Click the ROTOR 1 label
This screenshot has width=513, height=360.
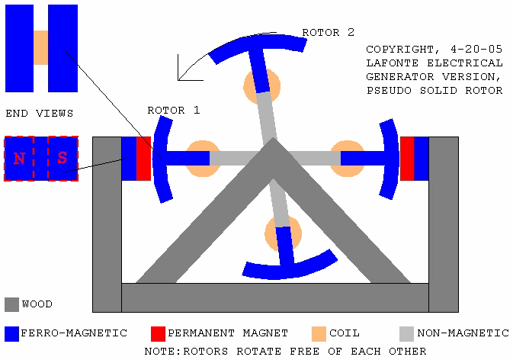tap(173, 111)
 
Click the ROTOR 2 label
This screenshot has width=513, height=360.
tap(328, 32)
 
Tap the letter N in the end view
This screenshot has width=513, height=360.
tap(19, 159)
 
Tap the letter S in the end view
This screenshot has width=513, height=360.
tap(63, 158)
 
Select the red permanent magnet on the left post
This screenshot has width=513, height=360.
tap(143, 159)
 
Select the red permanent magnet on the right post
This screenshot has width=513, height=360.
tap(407, 159)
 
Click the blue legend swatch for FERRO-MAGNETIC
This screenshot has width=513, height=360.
tap(11, 334)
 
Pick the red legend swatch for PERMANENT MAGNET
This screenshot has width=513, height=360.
tap(158, 334)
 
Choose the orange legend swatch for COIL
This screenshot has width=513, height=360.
tap(319, 334)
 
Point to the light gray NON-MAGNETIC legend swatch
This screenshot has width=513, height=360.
tap(407, 334)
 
